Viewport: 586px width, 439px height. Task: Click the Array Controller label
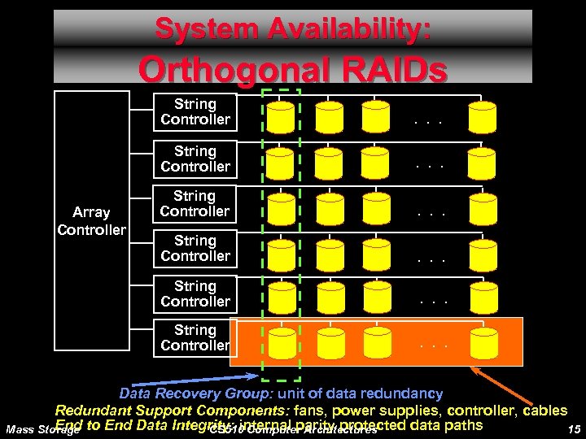click(91, 221)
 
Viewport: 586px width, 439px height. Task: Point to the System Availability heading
click(293, 29)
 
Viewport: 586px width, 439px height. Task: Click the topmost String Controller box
click(195, 112)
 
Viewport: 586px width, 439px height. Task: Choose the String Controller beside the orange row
click(195, 338)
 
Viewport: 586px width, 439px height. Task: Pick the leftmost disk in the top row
click(281, 118)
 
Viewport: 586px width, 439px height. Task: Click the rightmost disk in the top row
click(482, 118)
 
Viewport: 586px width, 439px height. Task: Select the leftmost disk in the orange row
click(281, 342)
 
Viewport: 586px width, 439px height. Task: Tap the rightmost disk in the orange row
click(482, 342)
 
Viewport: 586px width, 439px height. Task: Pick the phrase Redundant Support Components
click(154, 411)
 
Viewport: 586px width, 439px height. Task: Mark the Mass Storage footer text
click(41, 429)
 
